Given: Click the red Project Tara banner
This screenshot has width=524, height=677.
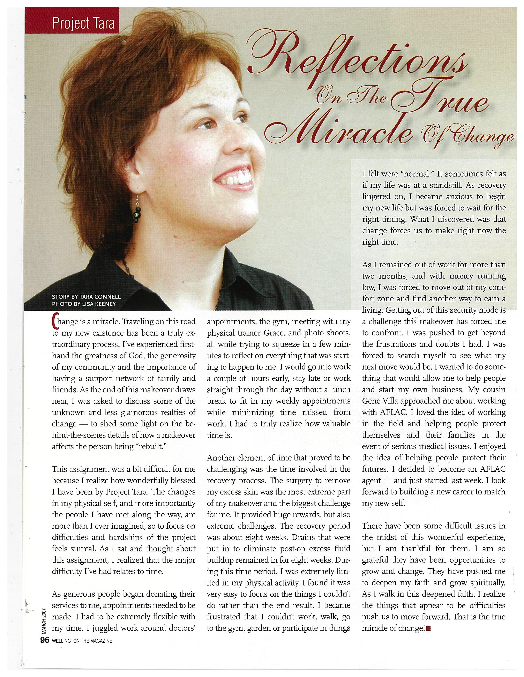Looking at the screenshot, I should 72,23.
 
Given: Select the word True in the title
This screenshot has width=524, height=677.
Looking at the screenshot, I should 440,99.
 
